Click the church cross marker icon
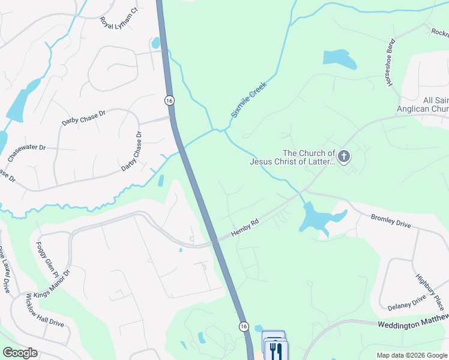click(x=344, y=157)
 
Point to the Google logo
click(x=20, y=353)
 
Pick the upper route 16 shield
click(x=169, y=100)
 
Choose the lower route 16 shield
click(x=243, y=326)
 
